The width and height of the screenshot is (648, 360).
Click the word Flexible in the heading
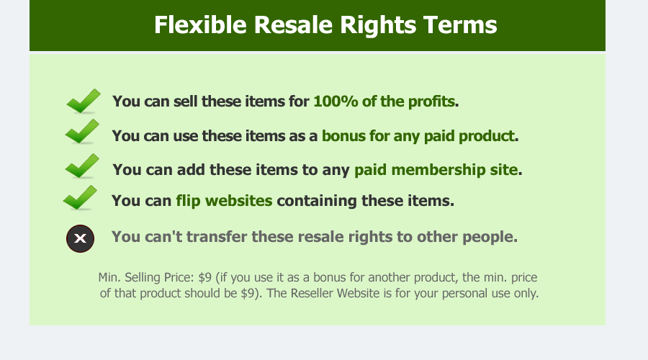200,24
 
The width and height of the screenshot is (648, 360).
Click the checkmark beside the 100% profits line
84,101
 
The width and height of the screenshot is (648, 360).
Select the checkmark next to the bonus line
82,132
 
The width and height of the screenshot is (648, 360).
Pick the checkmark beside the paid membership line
82,166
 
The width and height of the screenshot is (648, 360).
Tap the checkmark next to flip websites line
80,197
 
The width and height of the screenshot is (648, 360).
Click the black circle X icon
80,238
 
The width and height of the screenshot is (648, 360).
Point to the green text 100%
336,102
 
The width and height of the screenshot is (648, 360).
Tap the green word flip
188,201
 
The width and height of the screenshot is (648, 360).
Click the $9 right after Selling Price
204,277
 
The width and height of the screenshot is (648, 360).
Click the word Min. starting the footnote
109,277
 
